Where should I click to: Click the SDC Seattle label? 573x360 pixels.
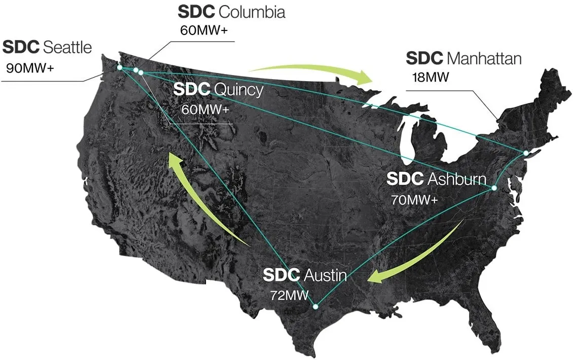(47, 47)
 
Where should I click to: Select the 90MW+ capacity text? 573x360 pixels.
(30, 67)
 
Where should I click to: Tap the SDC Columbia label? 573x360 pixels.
(231, 11)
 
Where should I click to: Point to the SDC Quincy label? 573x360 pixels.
(219, 90)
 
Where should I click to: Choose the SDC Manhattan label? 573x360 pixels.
(463, 58)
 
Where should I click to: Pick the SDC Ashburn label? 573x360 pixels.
(436, 179)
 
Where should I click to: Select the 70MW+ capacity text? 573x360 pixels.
(414, 199)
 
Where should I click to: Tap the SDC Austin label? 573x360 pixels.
(305, 275)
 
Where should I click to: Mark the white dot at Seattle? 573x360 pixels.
(120, 67)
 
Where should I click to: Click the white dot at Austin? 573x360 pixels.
(315, 306)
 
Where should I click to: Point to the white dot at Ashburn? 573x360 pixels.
(494, 188)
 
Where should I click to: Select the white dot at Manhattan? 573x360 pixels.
(526, 153)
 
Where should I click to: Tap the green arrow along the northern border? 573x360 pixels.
(314, 73)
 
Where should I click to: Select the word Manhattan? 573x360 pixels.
(484, 58)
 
